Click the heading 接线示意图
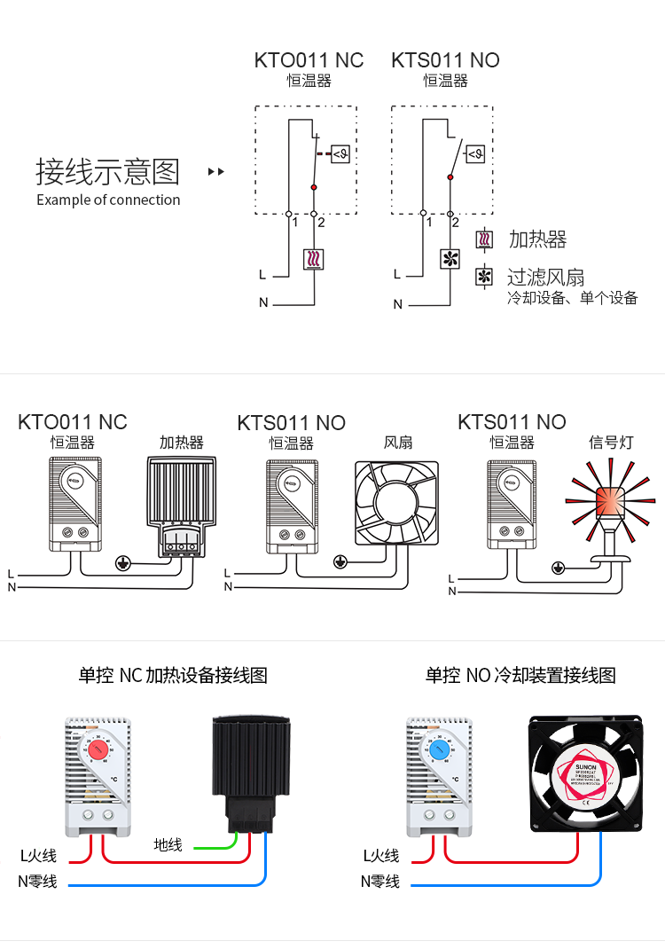(107, 171)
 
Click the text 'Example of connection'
(108, 200)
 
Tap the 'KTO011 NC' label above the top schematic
(309, 60)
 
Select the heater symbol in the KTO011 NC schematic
(314, 259)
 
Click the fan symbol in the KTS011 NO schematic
(451, 259)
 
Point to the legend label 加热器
(537, 239)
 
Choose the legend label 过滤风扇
(546, 278)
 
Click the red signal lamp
(609, 501)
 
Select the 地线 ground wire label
(168, 844)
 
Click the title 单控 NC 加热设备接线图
(173, 676)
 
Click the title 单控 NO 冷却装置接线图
(520, 676)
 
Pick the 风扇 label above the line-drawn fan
(398, 442)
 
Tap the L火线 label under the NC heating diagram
(38, 856)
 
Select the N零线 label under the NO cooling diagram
(379, 882)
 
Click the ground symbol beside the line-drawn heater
(124, 561)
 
